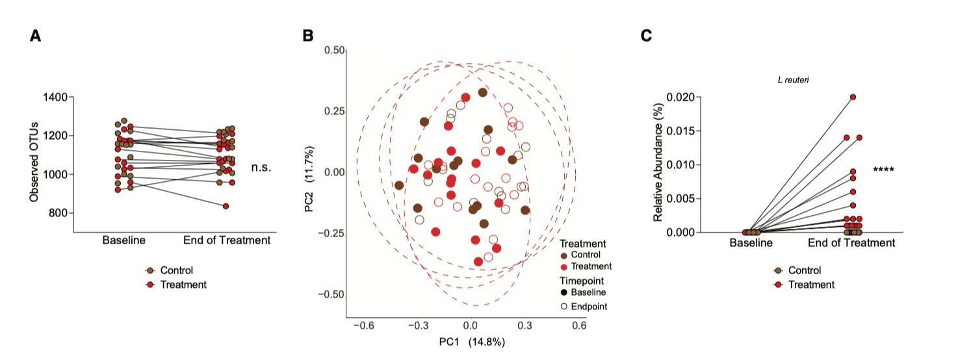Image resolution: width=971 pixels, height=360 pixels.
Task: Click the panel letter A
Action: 36,36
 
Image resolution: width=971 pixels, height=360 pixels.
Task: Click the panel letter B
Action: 309,36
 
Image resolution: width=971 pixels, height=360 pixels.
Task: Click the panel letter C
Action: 646,36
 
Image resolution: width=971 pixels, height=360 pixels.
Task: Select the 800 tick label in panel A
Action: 57,213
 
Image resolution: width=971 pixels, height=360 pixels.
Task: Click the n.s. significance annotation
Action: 261,168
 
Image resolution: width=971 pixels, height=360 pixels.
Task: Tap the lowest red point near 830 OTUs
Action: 226,206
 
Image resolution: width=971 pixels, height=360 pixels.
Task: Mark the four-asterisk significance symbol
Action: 884,170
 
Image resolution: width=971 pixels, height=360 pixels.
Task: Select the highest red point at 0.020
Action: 853,97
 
